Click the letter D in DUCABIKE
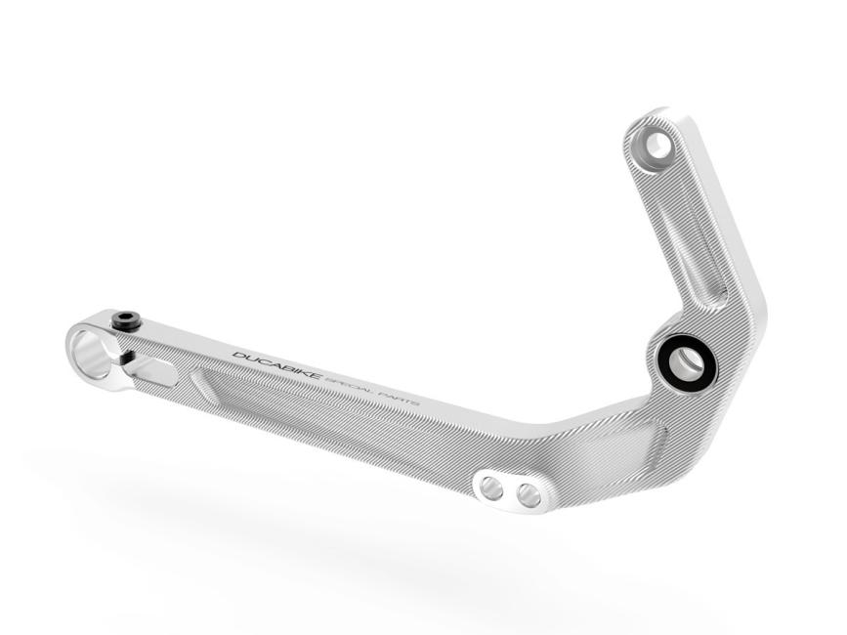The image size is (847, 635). click(x=237, y=354)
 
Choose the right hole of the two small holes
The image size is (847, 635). click(x=529, y=496)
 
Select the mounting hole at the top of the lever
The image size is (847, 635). click(x=657, y=147)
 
